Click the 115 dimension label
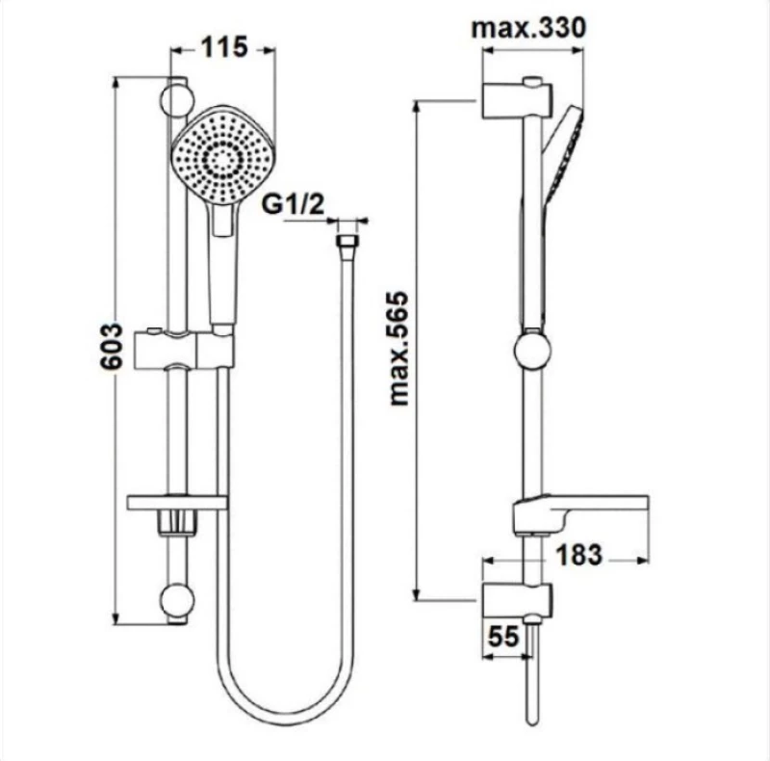[223, 48]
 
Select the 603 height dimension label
[111, 346]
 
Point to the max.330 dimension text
[528, 28]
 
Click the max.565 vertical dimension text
[398, 349]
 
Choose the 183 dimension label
[579, 555]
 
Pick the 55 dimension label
[503, 636]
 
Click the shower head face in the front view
[223, 156]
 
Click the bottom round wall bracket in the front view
[177, 600]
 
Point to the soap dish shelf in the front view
[177, 503]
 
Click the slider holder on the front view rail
[185, 350]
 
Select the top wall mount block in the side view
[518, 101]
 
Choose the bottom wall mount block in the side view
[518, 600]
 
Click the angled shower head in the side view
[564, 152]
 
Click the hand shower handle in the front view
[224, 266]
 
